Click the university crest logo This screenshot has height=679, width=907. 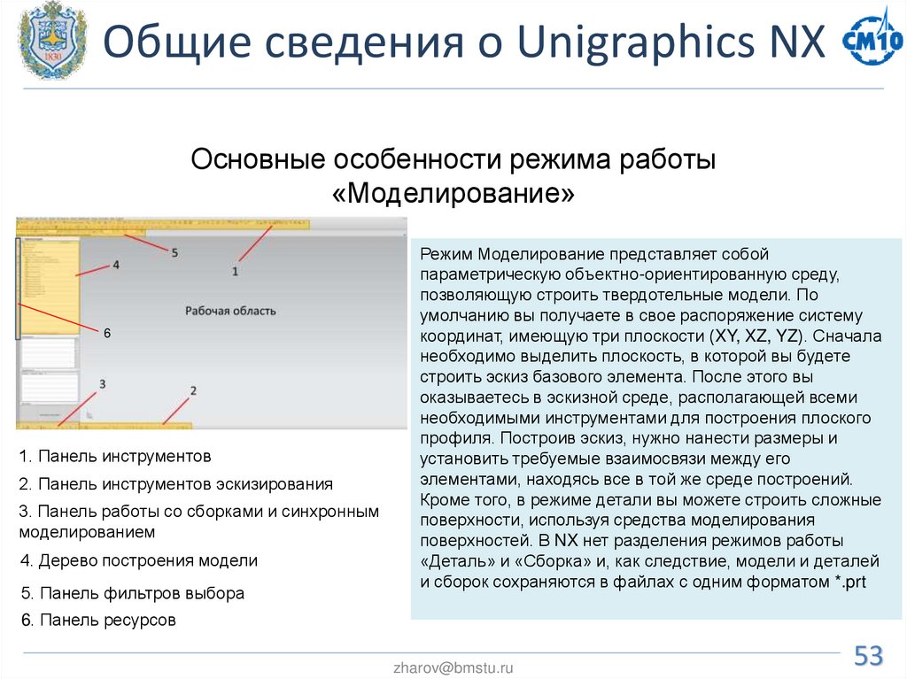pos(52,41)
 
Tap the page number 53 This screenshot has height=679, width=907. pos(868,656)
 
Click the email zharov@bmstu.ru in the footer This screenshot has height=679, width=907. pos(453,668)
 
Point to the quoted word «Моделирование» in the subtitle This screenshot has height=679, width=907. pos(453,193)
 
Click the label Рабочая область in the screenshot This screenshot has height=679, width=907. pos(230,311)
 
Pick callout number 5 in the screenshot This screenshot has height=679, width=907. pos(174,252)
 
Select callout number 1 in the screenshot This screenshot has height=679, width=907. pos(236,272)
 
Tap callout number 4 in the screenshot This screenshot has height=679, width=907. pos(115,264)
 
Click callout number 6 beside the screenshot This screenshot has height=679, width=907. pos(107,333)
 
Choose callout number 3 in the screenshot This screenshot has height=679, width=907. pos(103,384)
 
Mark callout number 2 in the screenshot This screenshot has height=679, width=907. pos(192,390)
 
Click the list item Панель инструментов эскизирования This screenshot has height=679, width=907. pos(176,484)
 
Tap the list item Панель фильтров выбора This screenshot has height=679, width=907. pos(132,593)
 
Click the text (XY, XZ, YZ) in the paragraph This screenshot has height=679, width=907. pos(755,336)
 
